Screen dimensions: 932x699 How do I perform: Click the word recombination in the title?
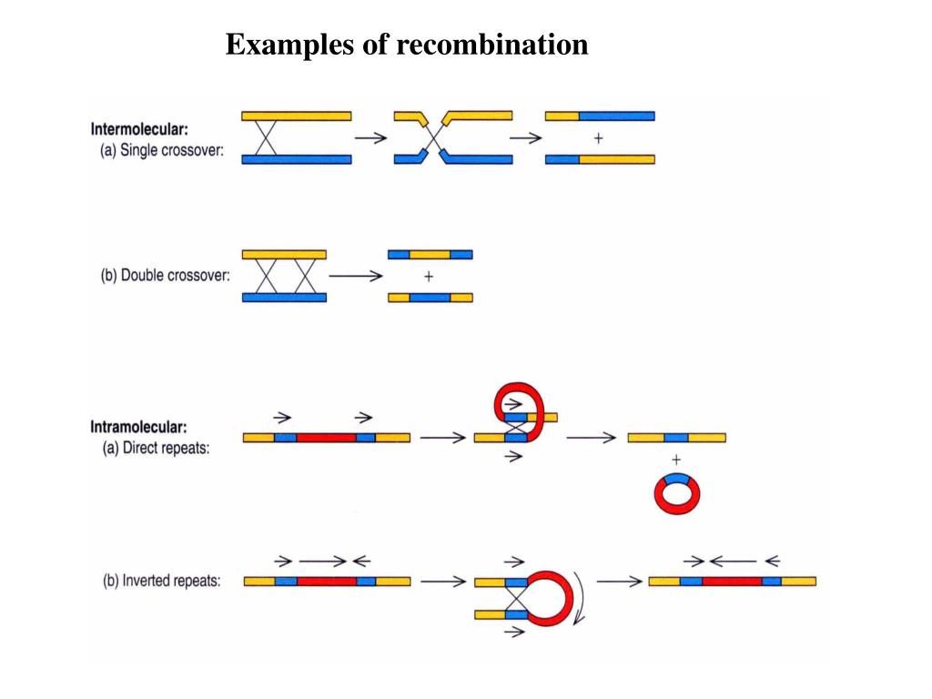[492, 44]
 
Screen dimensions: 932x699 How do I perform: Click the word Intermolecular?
[139, 129]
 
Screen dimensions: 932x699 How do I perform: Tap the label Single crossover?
[172, 150]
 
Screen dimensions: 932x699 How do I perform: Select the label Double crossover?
[175, 275]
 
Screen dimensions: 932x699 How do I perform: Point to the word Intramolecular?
[138, 427]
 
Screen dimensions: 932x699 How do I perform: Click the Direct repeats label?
[166, 448]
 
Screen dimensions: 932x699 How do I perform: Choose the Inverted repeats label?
[171, 580]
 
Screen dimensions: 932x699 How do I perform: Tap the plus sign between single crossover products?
[599, 138]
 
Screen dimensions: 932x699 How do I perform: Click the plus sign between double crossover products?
[429, 277]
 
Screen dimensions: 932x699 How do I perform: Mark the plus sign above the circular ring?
[676, 460]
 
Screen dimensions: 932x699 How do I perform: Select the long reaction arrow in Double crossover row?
[356, 276]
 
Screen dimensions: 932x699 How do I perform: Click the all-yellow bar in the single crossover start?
[297, 116]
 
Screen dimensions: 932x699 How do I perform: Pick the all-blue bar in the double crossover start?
[284, 298]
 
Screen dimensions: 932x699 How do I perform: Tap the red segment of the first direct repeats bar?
[327, 438]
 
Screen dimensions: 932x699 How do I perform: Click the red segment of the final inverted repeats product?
[732, 581]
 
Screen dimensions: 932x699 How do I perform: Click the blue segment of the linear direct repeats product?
[676, 438]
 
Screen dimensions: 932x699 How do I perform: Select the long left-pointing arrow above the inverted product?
[733, 561]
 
